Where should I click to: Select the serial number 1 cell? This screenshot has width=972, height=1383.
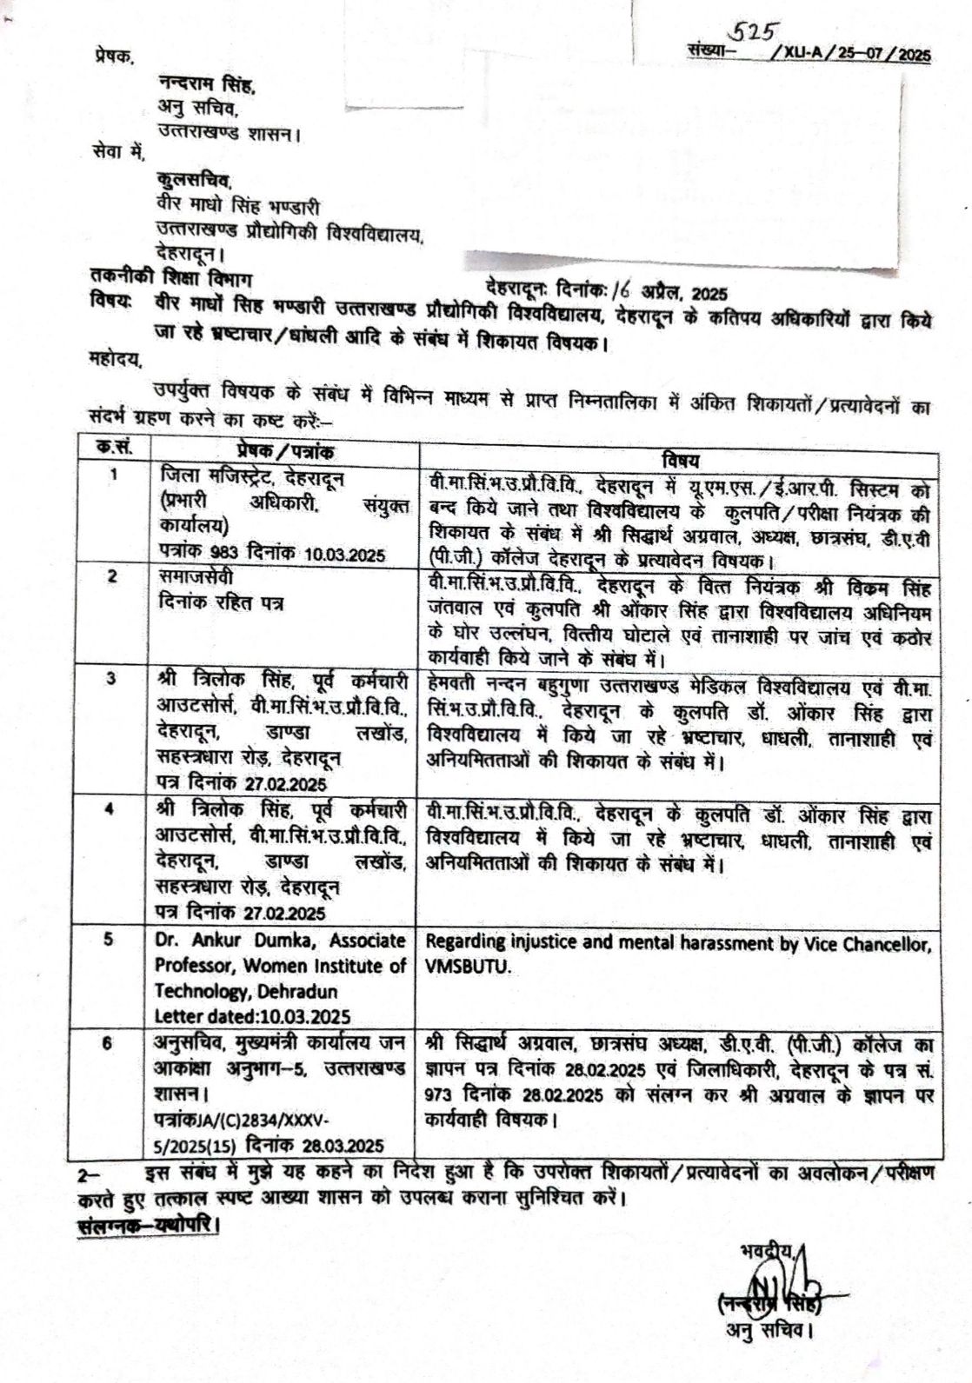[113, 477]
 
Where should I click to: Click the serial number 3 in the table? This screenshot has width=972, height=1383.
[111, 679]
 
